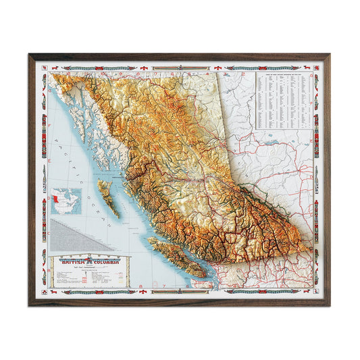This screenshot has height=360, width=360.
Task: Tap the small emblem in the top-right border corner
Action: click(315, 68)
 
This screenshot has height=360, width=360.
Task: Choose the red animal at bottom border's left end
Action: click(51, 292)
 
